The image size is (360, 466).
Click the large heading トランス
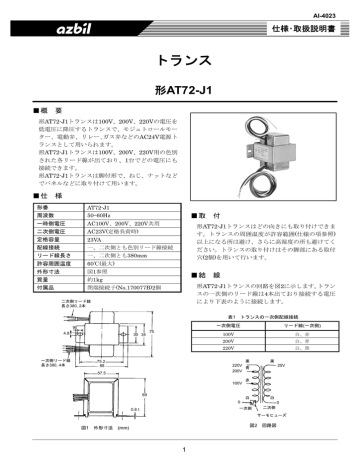pos(180,61)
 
